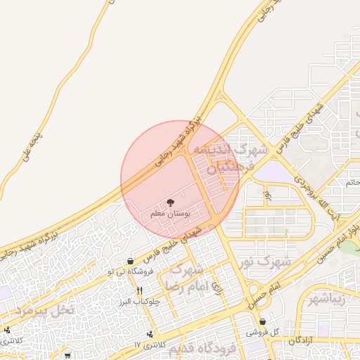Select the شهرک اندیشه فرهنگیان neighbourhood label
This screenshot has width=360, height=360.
[x=231, y=158]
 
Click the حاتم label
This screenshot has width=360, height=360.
[x=352, y=182]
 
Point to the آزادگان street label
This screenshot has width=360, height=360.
[x=300, y=340]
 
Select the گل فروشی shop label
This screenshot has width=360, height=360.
[x=266, y=332]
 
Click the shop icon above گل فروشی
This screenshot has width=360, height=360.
[x=262, y=321]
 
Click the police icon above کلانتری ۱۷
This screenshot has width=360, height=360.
[x=149, y=334]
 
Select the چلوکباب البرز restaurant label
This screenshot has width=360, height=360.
[x=141, y=301]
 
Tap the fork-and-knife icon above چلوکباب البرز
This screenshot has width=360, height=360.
[x=140, y=290]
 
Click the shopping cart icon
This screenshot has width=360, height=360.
[x=67, y=355]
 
